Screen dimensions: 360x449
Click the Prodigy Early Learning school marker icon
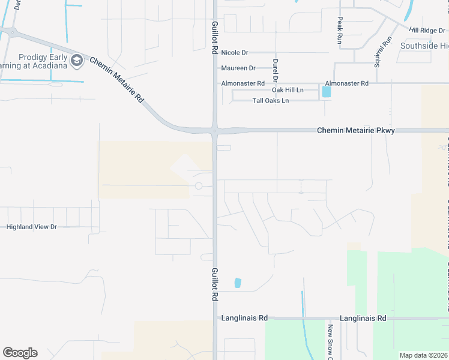76,60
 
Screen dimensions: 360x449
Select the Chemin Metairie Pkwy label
355,130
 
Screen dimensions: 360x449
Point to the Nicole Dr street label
234,53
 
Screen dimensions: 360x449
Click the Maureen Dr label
238,68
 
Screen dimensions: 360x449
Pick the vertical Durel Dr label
276,70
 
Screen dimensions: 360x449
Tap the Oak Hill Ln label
288,90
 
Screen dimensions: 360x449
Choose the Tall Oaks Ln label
270,100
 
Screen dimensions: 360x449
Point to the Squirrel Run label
379,52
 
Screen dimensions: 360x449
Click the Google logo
20,353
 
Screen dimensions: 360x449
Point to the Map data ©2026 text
423,355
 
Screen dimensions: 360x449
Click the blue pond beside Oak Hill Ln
326,92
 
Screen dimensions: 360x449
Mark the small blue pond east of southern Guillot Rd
238,283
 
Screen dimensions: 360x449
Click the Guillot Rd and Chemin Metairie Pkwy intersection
214,130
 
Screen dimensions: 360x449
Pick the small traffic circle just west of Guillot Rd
199,186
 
